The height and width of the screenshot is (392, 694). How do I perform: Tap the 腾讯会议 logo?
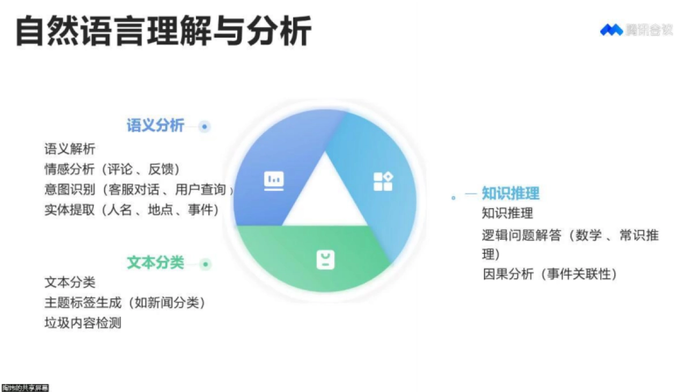[636, 30]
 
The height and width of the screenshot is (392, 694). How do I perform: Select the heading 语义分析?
[155, 125]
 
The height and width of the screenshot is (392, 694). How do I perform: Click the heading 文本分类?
[155, 263]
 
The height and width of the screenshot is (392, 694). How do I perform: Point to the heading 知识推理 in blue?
[511, 194]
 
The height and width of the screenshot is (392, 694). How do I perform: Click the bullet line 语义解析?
[70, 149]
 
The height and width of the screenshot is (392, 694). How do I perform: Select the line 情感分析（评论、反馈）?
[113, 169]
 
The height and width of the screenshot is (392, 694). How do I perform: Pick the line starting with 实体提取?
[132, 210]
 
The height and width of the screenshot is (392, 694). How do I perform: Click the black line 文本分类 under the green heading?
[70, 283]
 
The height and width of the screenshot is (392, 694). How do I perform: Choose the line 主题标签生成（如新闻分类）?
[125, 302]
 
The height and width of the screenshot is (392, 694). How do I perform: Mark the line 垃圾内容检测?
[83, 323]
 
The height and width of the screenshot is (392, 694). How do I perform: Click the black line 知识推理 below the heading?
[507, 213]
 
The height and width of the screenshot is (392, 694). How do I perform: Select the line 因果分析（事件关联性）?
[550, 274]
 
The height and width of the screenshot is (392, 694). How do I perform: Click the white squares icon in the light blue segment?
[383, 181]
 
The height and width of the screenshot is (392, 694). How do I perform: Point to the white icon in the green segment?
[326, 260]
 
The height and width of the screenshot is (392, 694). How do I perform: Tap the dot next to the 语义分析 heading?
[204, 126]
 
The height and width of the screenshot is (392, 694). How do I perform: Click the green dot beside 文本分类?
[205, 264]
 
